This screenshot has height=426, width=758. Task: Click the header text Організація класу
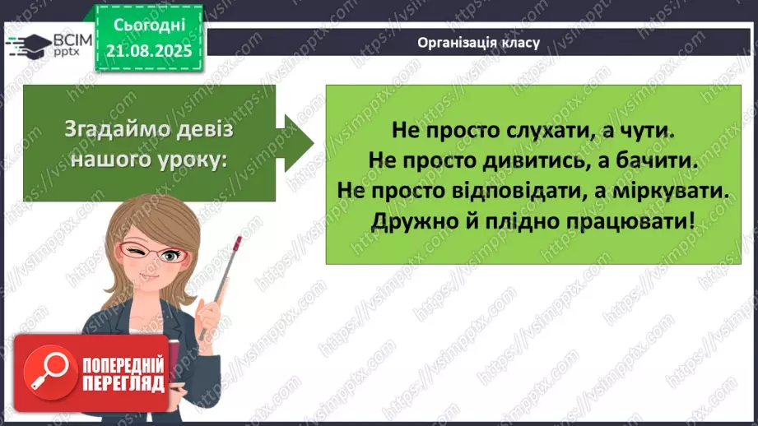tap(478, 43)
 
